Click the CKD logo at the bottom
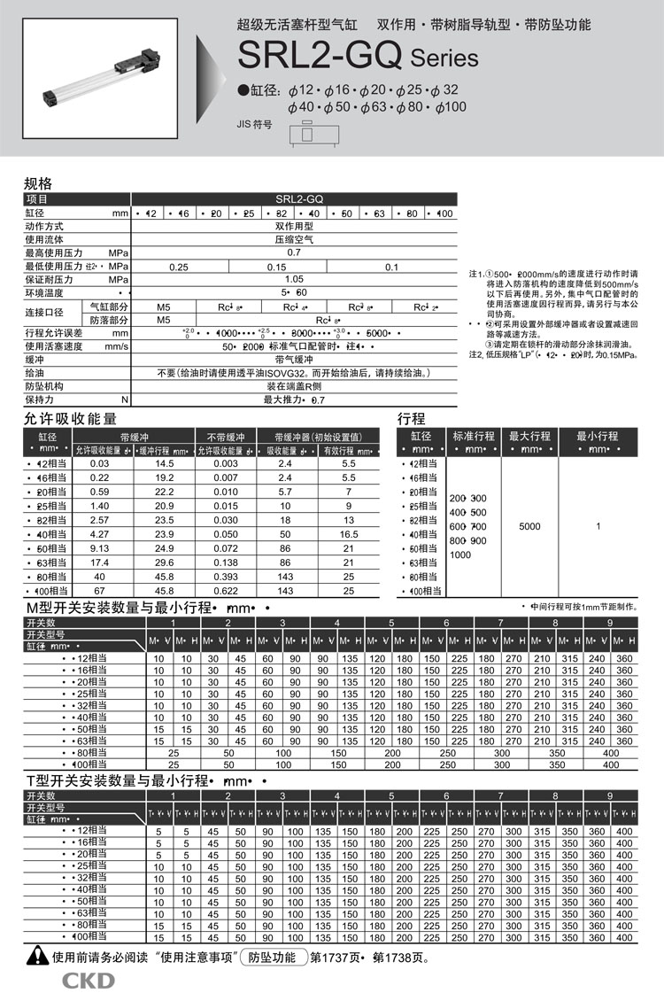tap(88, 979)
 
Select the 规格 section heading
tap(38, 184)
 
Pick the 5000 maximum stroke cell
tap(529, 526)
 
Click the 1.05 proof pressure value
tap(293, 279)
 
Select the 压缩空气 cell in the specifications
tap(293, 240)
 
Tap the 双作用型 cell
tap(293, 227)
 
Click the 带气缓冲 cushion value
tap(293, 361)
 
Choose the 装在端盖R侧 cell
tap(293, 386)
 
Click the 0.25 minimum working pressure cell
tap(179, 267)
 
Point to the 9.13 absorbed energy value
tap(100, 547)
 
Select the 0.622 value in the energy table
tap(226, 590)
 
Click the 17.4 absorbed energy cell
tap(100, 562)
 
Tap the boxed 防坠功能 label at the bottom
tap(272, 957)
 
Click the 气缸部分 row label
tap(106, 306)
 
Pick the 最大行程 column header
tap(529, 436)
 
